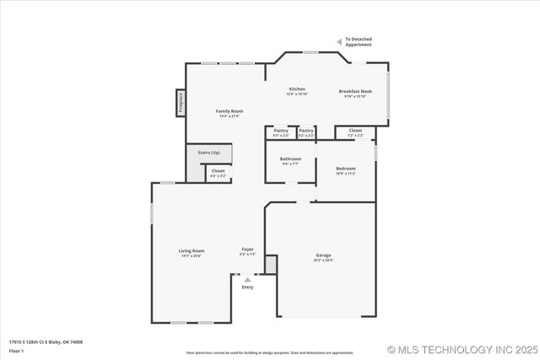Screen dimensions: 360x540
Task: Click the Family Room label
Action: pos(229,111)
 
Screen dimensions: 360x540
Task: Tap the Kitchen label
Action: pos(297,89)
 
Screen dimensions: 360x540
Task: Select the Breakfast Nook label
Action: pos(355,91)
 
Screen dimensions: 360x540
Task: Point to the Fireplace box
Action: pos(181,102)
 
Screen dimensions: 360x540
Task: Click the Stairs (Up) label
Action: pos(208,153)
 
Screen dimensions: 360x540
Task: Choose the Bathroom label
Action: pos(290,159)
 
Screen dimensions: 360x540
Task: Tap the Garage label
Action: pos(323,255)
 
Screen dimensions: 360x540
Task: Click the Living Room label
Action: pos(192,250)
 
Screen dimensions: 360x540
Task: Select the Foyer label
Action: pos(248,249)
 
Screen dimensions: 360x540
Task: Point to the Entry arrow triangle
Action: pos(247,280)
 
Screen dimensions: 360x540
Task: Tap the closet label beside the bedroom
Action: pos(355,131)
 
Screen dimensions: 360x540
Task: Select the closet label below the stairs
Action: pos(218,171)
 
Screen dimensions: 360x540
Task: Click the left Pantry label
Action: pos(281,131)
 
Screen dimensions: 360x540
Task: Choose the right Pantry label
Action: pos(306,131)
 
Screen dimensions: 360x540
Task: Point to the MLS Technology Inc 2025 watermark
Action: pos(460,349)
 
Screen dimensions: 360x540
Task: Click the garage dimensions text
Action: pos(323,261)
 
